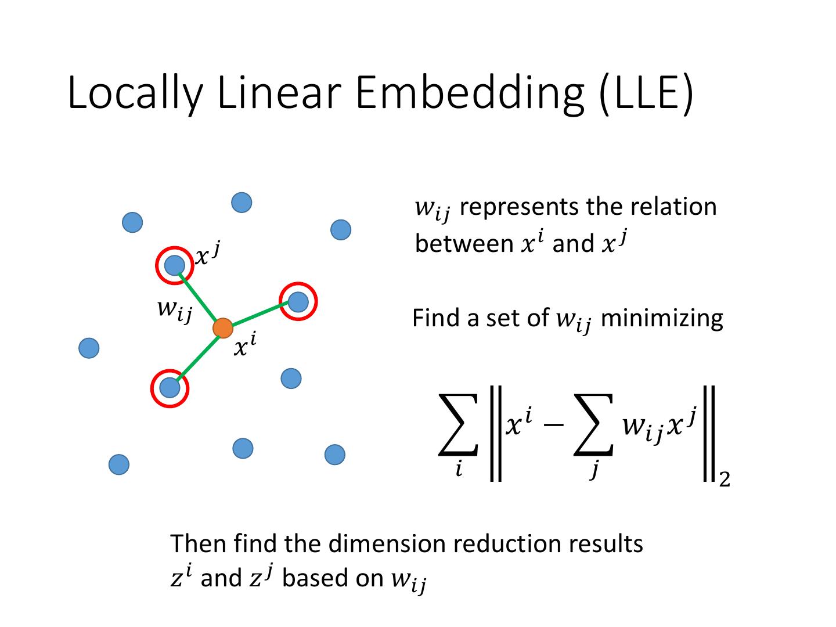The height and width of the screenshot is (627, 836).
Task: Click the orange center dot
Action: [223, 328]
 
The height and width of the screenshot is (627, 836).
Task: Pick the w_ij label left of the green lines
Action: [174, 311]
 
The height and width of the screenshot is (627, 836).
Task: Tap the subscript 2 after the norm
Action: [724, 480]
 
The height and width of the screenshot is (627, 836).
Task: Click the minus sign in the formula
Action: [553, 425]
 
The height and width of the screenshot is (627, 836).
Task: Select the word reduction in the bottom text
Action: [505, 544]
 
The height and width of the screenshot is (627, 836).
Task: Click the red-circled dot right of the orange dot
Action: [298, 301]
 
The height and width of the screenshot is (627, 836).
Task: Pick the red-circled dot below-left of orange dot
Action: [170, 387]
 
